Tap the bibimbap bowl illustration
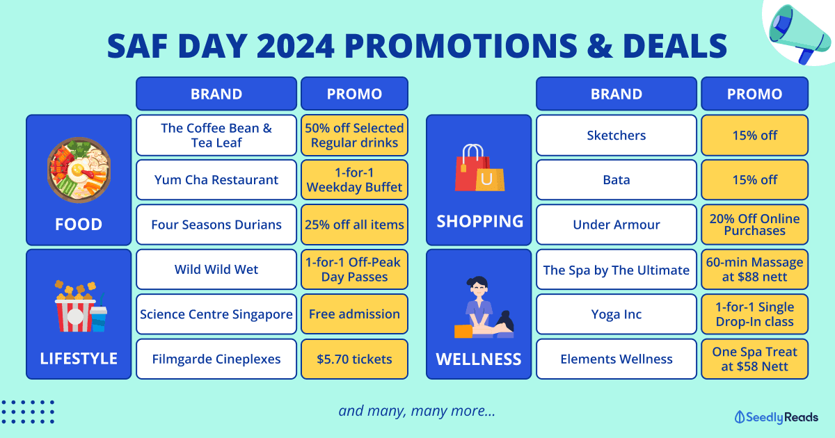(x=79, y=170)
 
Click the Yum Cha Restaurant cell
(x=216, y=180)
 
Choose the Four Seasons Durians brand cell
(x=216, y=225)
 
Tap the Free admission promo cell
(x=354, y=314)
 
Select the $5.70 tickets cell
(x=354, y=359)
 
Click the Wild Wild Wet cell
(x=216, y=269)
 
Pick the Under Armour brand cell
(x=617, y=225)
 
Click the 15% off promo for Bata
(x=754, y=180)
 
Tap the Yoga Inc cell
(x=617, y=314)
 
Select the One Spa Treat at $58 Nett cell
(x=754, y=359)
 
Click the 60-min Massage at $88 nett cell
(x=754, y=269)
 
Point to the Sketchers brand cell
(x=617, y=135)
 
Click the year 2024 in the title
(x=295, y=46)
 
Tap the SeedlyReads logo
(x=776, y=417)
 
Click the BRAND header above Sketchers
(x=617, y=93)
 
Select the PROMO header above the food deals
(x=354, y=93)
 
